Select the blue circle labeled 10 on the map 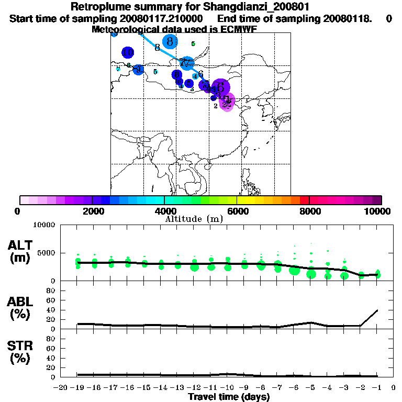tap(128, 52)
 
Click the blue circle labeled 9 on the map tap(138, 69)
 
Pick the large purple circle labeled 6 tap(220, 87)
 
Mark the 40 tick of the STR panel tap(52, 358)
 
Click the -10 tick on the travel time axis tap(227, 388)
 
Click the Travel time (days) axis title tap(229, 397)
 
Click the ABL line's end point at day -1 tap(377, 310)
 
